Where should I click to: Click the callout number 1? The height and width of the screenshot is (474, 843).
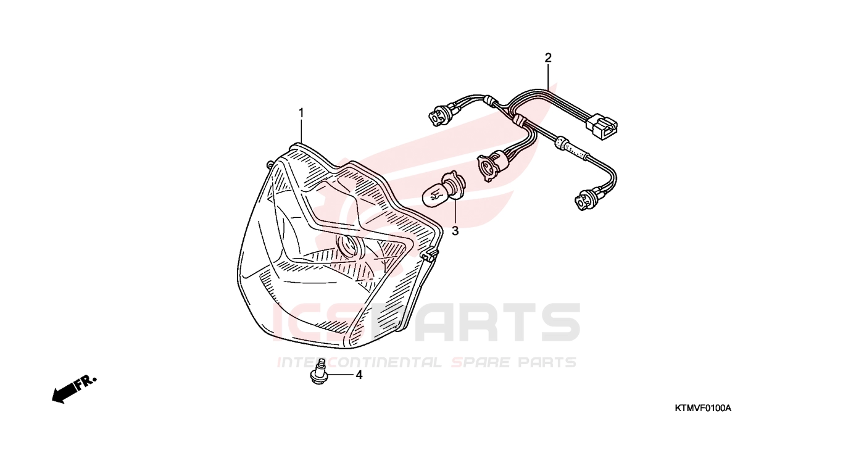301,112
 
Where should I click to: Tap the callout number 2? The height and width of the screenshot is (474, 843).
548,57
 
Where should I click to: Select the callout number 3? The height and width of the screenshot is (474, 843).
455,231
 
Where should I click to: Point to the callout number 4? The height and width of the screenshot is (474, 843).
359,375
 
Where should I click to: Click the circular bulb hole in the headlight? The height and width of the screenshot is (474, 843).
350,246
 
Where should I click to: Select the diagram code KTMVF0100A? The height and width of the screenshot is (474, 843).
703,408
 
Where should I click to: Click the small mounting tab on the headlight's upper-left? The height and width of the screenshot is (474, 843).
269,165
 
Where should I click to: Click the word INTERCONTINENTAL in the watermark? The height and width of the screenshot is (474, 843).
359,362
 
